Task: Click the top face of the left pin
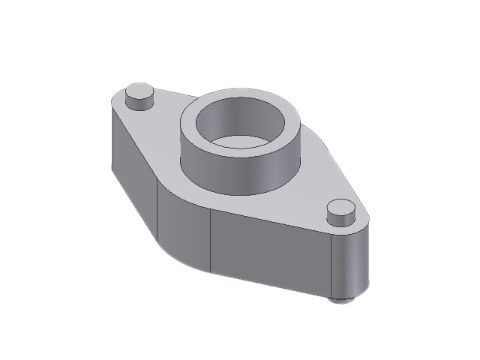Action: [139, 91]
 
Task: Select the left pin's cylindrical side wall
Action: [139, 103]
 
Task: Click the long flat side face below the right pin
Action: [270, 251]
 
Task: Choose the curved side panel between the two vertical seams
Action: [184, 225]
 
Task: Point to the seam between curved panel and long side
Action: [211, 240]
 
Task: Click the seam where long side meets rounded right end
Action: [331, 262]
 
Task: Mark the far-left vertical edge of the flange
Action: [111, 135]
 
